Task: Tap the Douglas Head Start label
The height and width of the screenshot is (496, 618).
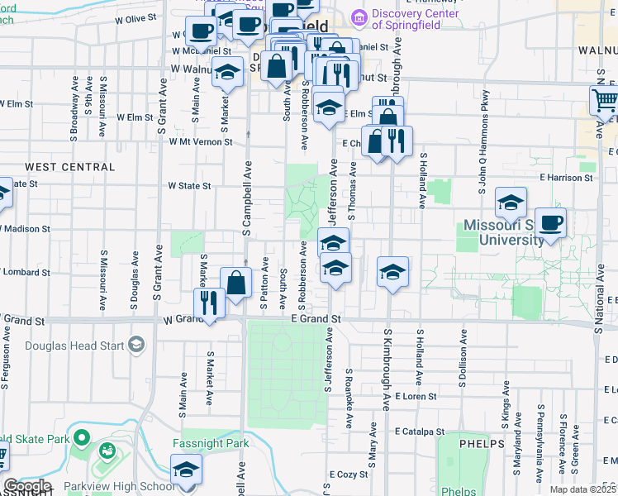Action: point(83,346)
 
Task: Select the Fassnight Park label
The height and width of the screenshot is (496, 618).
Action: point(210,444)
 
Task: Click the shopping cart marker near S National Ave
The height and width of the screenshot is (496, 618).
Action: point(604,102)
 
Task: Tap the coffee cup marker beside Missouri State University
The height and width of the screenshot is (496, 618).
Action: point(550,222)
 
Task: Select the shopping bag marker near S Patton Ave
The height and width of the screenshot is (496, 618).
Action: point(236,283)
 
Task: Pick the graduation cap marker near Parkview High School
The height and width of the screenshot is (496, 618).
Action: point(187,470)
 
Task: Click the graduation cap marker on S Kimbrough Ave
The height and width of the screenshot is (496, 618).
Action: point(393,271)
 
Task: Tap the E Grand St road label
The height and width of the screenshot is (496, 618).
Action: point(316,318)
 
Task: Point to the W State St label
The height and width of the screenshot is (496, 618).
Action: point(190,186)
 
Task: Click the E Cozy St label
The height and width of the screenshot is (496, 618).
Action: point(349,475)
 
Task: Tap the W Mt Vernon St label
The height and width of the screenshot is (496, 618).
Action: point(202,142)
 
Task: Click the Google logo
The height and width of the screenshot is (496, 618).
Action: point(26,486)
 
